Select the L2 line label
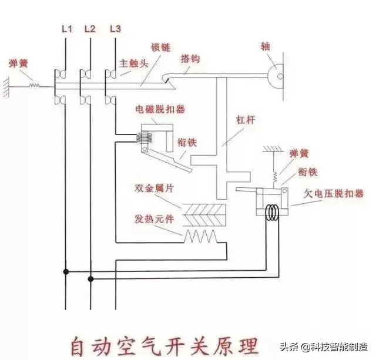point(89,28)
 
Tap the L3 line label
point(116,28)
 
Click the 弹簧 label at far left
point(19,63)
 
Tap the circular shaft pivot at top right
point(277,75)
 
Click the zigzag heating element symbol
point(201,236)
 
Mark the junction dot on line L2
point(90,279)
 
